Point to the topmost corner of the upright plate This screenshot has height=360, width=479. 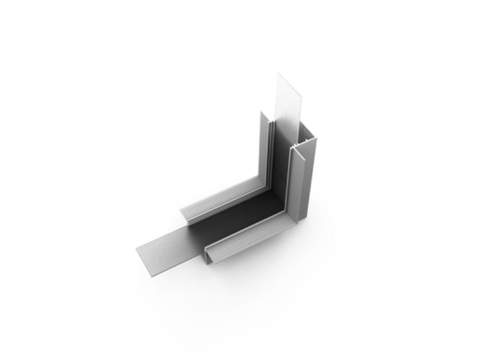(278, 73)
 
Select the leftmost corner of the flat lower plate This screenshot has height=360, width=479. (137, 250)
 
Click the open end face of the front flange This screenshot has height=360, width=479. (208, 256)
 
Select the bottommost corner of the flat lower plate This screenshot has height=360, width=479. (154, 276)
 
